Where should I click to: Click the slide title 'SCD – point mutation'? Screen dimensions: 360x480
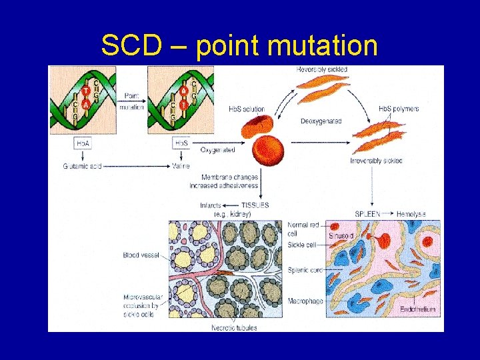click(x=239, y=46)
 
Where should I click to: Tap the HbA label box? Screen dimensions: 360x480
click(x=83, y=143)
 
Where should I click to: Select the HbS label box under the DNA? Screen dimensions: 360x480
click(x=181, y=143)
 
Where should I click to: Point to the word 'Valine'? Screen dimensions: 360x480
click(x=181, y=166)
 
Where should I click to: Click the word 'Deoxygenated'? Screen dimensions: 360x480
click(x=321, y=121)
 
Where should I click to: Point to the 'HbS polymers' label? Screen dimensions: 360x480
click(x=399, y=109)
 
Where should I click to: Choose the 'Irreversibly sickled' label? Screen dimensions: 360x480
click(x=376, y=161)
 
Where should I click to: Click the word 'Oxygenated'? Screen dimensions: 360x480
click(x=218, y=150)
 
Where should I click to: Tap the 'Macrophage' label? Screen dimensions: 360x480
click(x=305, y=301)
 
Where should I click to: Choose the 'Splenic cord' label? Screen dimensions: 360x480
click(x=305, y=270)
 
